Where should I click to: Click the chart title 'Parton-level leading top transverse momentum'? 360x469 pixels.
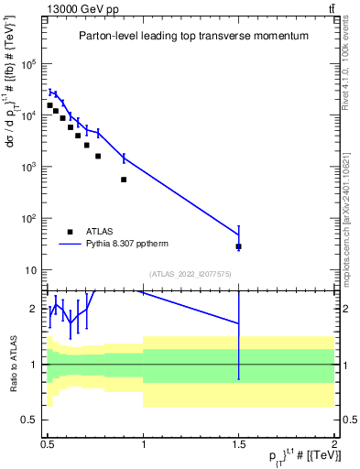193,36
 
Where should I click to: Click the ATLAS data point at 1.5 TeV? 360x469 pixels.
239,246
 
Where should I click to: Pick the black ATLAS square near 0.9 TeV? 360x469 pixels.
124,180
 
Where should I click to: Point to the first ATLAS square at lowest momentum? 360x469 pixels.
49,105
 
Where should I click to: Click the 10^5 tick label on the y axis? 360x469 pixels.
28,64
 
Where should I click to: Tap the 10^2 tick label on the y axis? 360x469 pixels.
28,219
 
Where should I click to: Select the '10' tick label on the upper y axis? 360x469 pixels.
30,270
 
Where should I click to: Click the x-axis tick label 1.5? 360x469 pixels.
239,443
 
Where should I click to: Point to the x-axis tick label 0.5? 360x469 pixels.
48,443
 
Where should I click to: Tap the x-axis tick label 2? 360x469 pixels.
334,443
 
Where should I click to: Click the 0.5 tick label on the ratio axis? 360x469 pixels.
28,420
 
